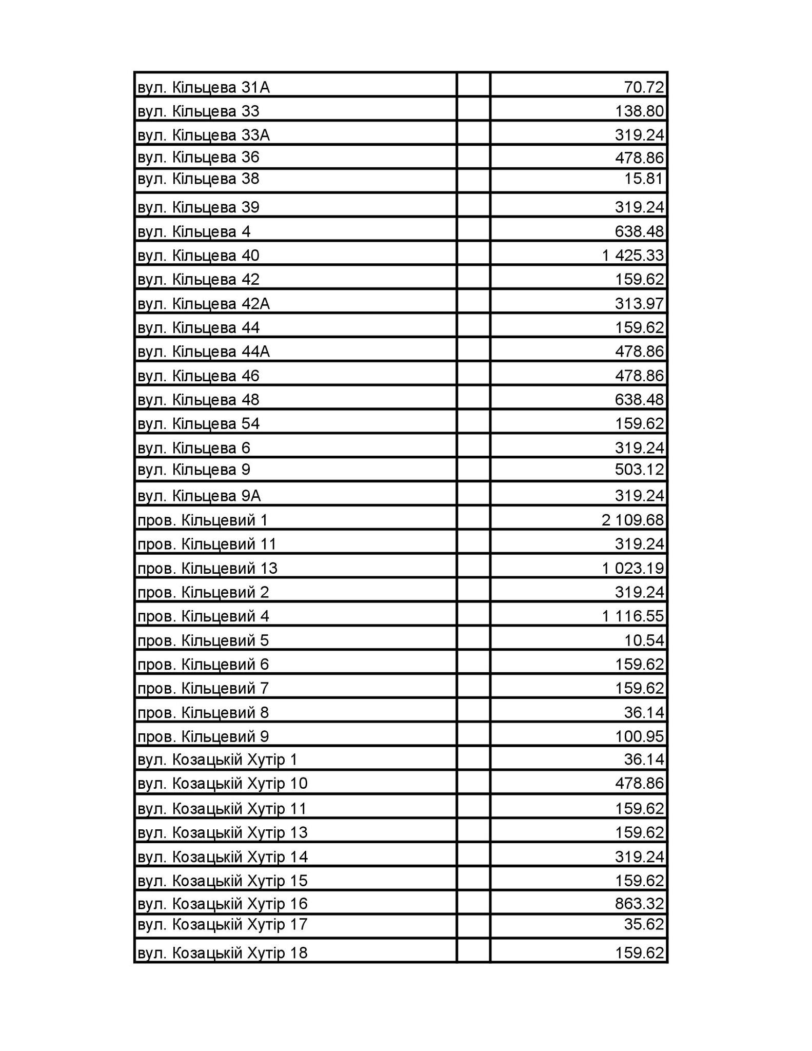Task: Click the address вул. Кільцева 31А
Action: click(x=204, y=88)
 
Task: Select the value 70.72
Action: click(x=644, y=88)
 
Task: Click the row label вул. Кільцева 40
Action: click(x=199, y=255)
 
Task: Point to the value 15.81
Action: click(x=644, y=179)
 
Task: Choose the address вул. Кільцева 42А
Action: click(x=204, y=303)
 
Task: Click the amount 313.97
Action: click(x=639, y=303)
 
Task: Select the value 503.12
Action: click(x=639, y=470)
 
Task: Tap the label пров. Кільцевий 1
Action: click(x=203, y=520)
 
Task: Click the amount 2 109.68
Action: click(x=633, y=520)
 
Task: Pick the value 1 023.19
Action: click(x=633, y=568)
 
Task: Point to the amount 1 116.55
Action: click(x=633, y=616)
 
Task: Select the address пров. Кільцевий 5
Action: click(x=203, y=640)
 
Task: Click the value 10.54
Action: click(x=644, y=640)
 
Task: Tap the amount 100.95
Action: click(x=639, y=736)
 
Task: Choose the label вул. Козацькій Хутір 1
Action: click(x=217, y=760)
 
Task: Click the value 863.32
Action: click(x=639, y=903)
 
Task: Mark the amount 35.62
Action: click(x=644, y=924)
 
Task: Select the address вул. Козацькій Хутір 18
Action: click(x=223, y=953)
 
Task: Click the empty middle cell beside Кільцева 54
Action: click(x=473, y=423)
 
